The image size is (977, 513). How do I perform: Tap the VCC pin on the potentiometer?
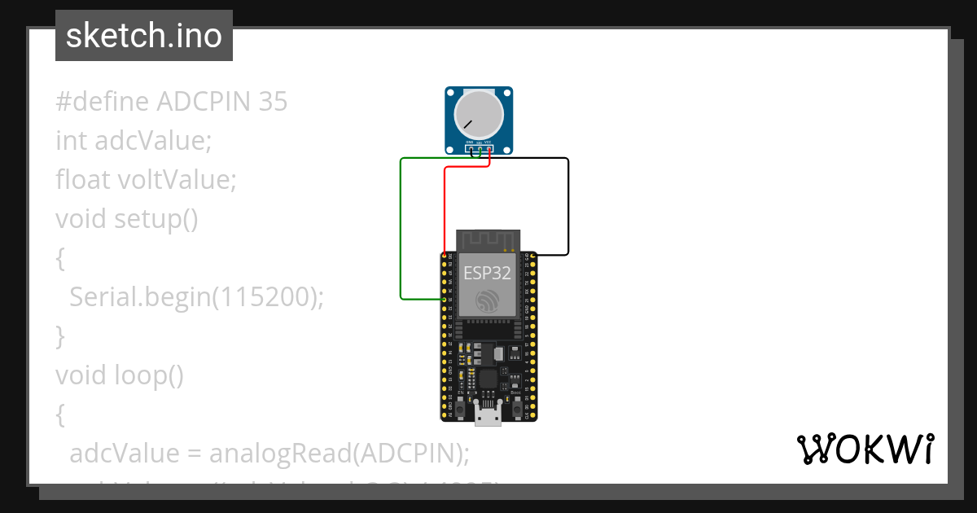point(488,149)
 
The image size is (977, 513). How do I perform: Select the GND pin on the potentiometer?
point(470,149)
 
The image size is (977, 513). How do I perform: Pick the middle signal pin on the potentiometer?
point(479,149)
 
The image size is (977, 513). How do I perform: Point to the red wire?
point(445,212)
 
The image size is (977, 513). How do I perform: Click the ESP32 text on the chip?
point(487,273)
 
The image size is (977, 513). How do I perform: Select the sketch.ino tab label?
point(144,36)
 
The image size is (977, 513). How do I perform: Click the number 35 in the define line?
point(273,102)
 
